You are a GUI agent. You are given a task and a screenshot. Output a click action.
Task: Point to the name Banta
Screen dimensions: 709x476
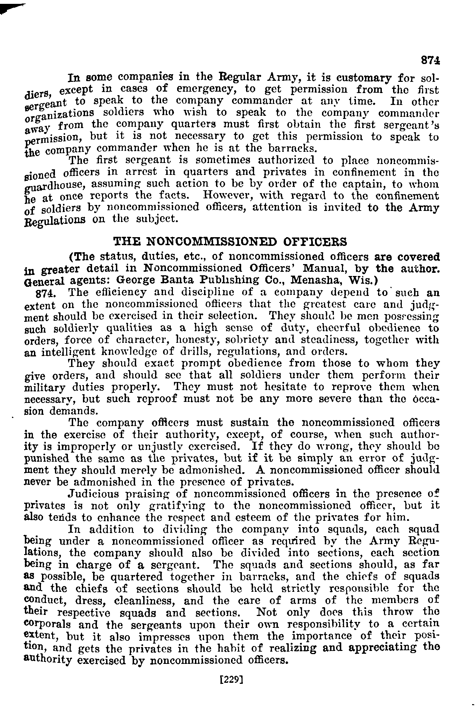click(x=180, y=280)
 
